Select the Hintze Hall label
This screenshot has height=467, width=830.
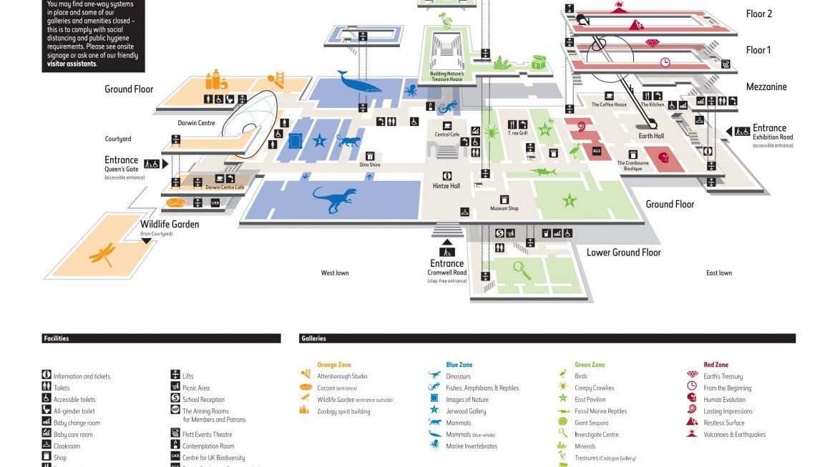[446, 186]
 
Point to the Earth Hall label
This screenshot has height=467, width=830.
[651, 136]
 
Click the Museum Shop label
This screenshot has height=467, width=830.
[504, 208]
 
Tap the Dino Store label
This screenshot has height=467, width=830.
[370, 165]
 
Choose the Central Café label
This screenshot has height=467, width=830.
[447, 134]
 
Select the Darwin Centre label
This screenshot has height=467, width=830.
[196, 123]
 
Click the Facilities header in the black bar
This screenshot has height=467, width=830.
[56, 338]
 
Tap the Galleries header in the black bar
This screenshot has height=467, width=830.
[314, 338]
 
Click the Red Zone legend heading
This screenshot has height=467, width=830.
[716, 365]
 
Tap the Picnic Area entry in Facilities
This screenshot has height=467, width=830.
[195, 388]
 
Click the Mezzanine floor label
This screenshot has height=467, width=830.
[766, 87]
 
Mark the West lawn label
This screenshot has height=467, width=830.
[335, 273]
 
